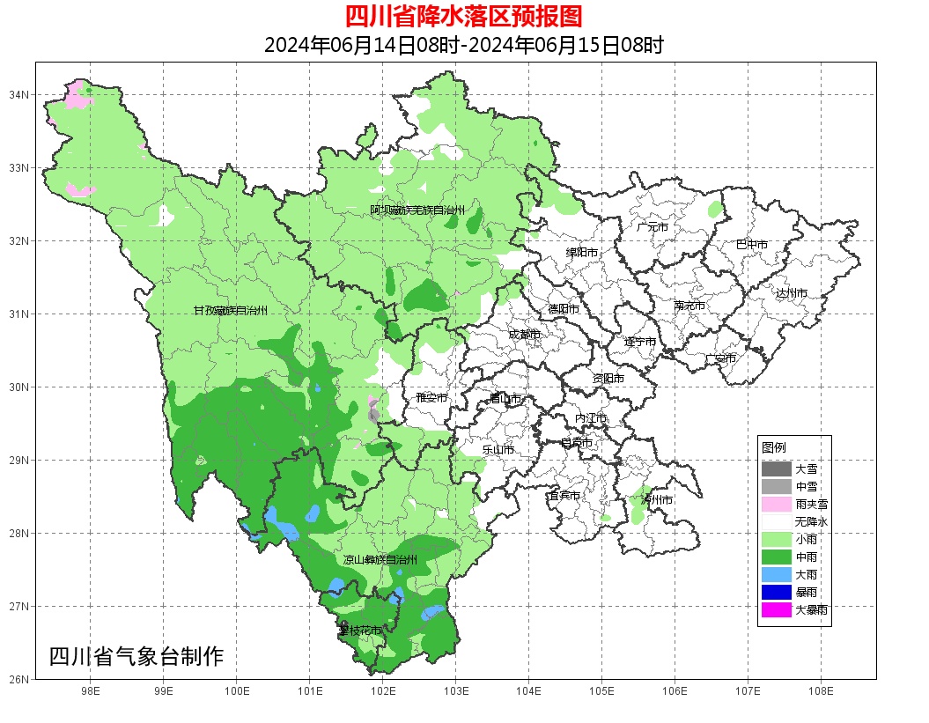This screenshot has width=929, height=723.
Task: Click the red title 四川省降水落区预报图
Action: pos(463,17)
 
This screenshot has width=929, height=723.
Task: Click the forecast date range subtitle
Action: pos(463,45)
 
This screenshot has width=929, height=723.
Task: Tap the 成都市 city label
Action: pos(524,335)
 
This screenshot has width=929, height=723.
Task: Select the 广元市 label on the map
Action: pos(653,227)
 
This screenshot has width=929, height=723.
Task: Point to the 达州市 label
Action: pos(792,292)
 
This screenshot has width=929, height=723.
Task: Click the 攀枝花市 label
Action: pos(360,631)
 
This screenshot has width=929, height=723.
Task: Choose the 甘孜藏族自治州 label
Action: pos(231,311)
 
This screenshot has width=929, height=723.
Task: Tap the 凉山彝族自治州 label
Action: pos(380,560)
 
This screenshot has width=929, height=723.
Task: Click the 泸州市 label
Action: pos(657,499)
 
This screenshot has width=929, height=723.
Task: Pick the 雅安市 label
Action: pos(431,398)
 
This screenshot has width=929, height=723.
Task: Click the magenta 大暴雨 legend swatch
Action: pos(777,609)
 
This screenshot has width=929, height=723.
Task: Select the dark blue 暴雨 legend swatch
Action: pos(777,592)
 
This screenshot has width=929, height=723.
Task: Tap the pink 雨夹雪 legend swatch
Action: pos(777,504)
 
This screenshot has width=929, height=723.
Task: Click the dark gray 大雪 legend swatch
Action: pos(777,468)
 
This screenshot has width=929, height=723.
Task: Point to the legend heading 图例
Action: pos(774,447)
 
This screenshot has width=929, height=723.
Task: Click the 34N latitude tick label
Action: pos(20,94)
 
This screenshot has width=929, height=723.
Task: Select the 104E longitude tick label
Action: pos(528,691)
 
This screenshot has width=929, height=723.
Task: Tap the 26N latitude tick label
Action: pos(20,679)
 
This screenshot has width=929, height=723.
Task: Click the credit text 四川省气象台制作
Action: pos(136,657)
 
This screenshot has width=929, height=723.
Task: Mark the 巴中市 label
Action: pos(752,245)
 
